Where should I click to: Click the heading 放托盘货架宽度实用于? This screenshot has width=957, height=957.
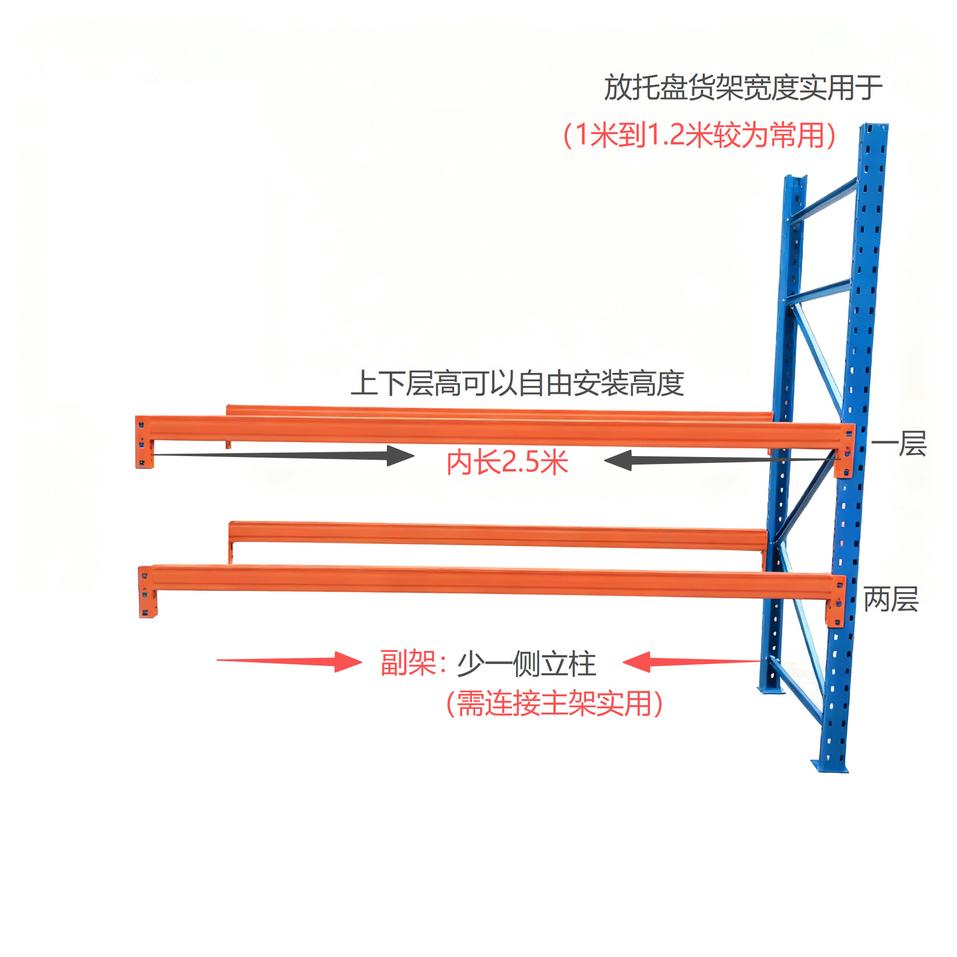coord(743,88)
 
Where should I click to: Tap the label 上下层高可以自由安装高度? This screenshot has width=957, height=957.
coord(517,383)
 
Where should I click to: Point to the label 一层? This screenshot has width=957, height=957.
coord(899,444)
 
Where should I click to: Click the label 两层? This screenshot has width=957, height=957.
coord(891,599)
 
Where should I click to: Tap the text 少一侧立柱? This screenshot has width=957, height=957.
coord(526,664)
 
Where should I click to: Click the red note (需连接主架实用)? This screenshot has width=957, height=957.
coord(554,704)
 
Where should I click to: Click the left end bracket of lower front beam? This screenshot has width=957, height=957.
coord(147,592)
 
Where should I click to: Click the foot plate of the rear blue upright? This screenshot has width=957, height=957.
coord(770,690)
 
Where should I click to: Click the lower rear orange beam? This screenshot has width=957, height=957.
coord(498,535)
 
